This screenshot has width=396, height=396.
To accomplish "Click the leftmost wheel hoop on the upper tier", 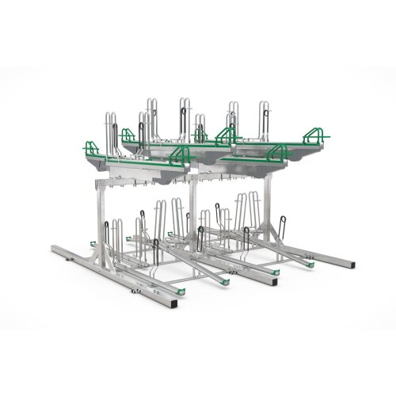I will click(x=108, y=127).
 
